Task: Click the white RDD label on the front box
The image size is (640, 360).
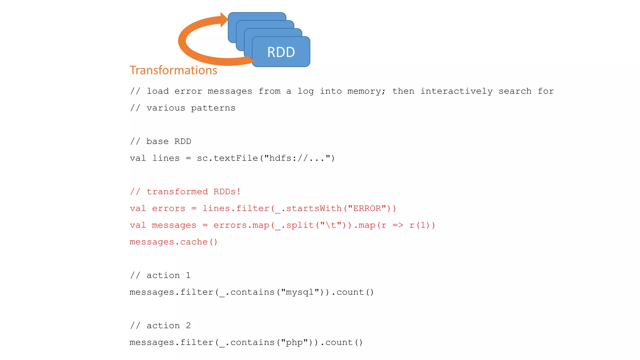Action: click(x=281, y=52)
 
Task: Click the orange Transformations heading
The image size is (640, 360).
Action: click(x=173, y=70)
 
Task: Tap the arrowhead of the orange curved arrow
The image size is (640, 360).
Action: click(x=224, y=20)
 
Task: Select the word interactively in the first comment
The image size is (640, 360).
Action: click(x=456, y=91)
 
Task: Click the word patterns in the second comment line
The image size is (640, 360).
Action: click(x=213, y=108)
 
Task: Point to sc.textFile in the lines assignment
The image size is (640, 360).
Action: click(x=227, y=158)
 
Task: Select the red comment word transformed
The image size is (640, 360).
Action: click(x=177, y=192)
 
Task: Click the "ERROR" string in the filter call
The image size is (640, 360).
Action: click(x=367, y=208)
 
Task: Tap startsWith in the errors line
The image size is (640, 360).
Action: click(x=314, y=208)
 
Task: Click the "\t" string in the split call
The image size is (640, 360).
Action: click(x=331, y=225)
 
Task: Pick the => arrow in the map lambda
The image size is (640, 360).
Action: click(x=397, y=225)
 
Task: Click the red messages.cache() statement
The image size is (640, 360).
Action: click(x=173, y=242)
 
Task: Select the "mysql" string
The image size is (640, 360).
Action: click(x=300, y=292)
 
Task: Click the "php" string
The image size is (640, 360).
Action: click(x=294, y=342)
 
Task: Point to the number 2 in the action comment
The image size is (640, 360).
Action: click(x=188, y=326)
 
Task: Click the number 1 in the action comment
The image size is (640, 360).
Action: click(x=188, y=275)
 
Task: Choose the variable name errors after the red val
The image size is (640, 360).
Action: click(x=168, y=208)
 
